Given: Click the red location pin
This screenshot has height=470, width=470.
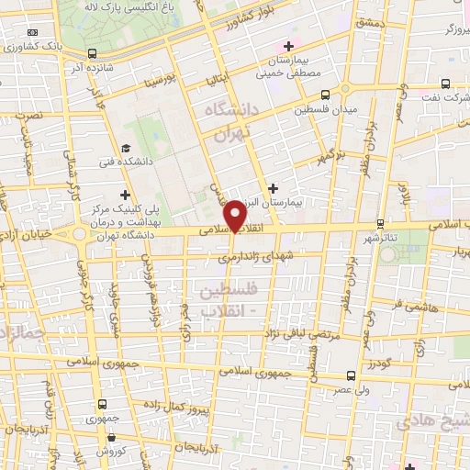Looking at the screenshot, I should click(237, 216).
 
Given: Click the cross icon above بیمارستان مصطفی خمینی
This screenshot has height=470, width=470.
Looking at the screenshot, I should click(288, 46).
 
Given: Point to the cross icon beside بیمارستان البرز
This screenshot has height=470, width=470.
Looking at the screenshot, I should click(273, 187).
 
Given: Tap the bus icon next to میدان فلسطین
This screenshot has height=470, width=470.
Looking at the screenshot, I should click(326, 94).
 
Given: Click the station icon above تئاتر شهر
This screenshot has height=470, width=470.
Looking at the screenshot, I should click(381, 224).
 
